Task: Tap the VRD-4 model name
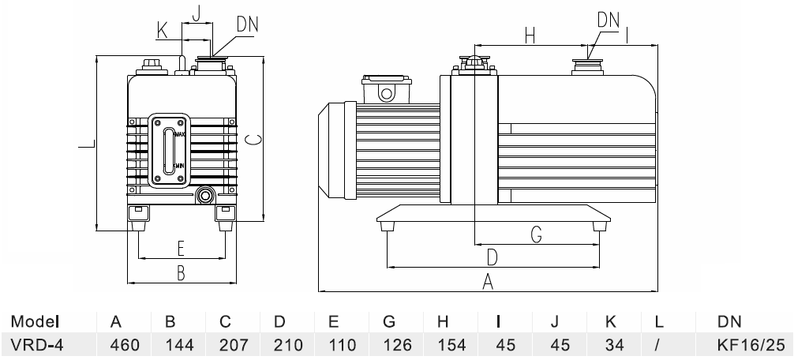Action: pyautogui.click(x=37, y=345)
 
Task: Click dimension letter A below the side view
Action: pyautogui.click(x=488, y=281)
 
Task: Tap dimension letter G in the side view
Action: pyautogui.click(x=536, y=234)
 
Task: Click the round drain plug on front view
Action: pyautogui.click(x=207, y=194)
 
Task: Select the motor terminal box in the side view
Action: pyautogui.click(x=387, y=90)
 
